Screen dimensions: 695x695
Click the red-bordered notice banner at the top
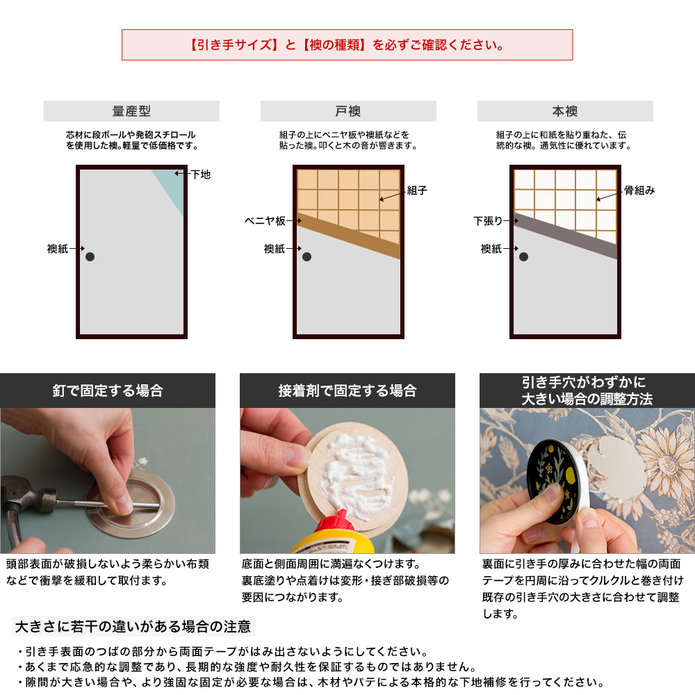pyautogui.click(x=347, y=45)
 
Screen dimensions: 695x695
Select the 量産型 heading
pyautogui.click(x=131, y=111)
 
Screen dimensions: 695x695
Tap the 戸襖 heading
pyautogui.click(x=348, y=111)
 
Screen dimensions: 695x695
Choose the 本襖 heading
pyautogui.click(x=565, y=111)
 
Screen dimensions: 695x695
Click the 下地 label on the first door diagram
pyautogui.click(x=200, y=174)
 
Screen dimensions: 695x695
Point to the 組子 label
pyautogui.click(x=417, y=190)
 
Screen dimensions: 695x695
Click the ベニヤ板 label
pyautogui.click(x=264, y=221)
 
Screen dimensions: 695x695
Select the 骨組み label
pyautogui.click(x=639, y=190)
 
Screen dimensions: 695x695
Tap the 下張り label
pyautogui.click(x=487, y=221)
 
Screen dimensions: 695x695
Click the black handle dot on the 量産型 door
pyautogui.click(x=90, y=257)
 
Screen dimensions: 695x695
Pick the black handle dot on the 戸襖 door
pyautogui.click(x=306, y=257)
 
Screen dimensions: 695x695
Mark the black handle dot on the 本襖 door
pyautogui.click(x=523, y=257)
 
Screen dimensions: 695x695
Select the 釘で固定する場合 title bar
pyautogui.click(x=108, y=391)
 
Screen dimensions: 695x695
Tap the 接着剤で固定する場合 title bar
pyautogui.click(x=347, y=391)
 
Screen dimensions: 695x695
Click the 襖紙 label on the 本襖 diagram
pyautogui.click(x=491, y=249)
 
